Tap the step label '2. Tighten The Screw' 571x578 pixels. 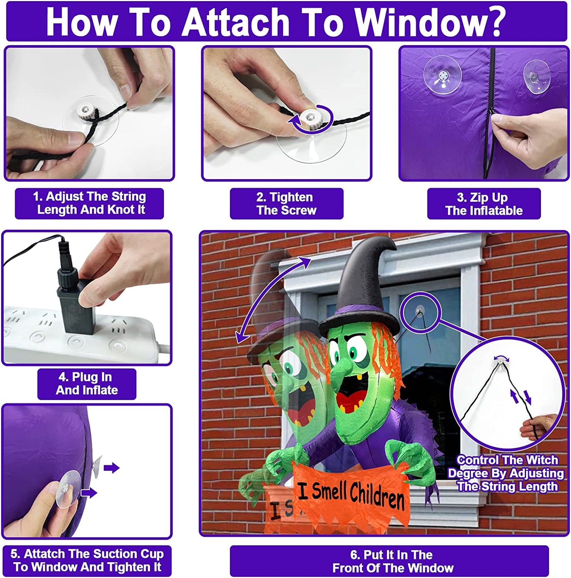(286, 204)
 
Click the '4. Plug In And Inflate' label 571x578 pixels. (87, 384)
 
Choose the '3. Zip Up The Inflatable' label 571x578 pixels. (484, 204)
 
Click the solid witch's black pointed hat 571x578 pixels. (364, 285)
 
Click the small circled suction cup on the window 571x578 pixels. (419, 311)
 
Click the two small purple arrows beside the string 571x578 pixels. (521, 396)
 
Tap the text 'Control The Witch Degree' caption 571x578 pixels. (507, 473)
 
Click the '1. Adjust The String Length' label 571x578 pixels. (90, 203)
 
